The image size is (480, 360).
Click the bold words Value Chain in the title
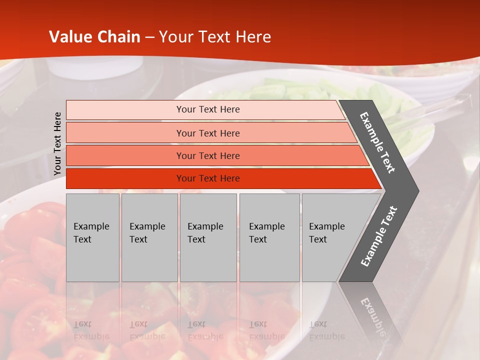(x=94, y=37)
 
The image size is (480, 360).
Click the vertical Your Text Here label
(x=57, y=143)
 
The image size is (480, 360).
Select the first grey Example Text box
(x=92, y=237)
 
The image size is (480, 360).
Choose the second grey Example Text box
(x=149, y=237)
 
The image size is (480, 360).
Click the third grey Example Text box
(x=208, y=237)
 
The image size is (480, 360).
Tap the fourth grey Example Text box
(x=269, y=237)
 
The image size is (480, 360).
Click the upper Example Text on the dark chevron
(x=377, y=142)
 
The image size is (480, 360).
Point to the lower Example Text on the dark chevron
(x=379, y=236)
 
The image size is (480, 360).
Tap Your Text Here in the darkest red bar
(x=208, y=178)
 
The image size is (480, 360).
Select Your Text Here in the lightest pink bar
(x=208, y=109)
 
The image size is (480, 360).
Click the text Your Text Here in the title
(x=215, y=37)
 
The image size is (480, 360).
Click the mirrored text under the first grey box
(x=91, y=330)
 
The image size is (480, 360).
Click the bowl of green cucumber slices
(x=300, y=92)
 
